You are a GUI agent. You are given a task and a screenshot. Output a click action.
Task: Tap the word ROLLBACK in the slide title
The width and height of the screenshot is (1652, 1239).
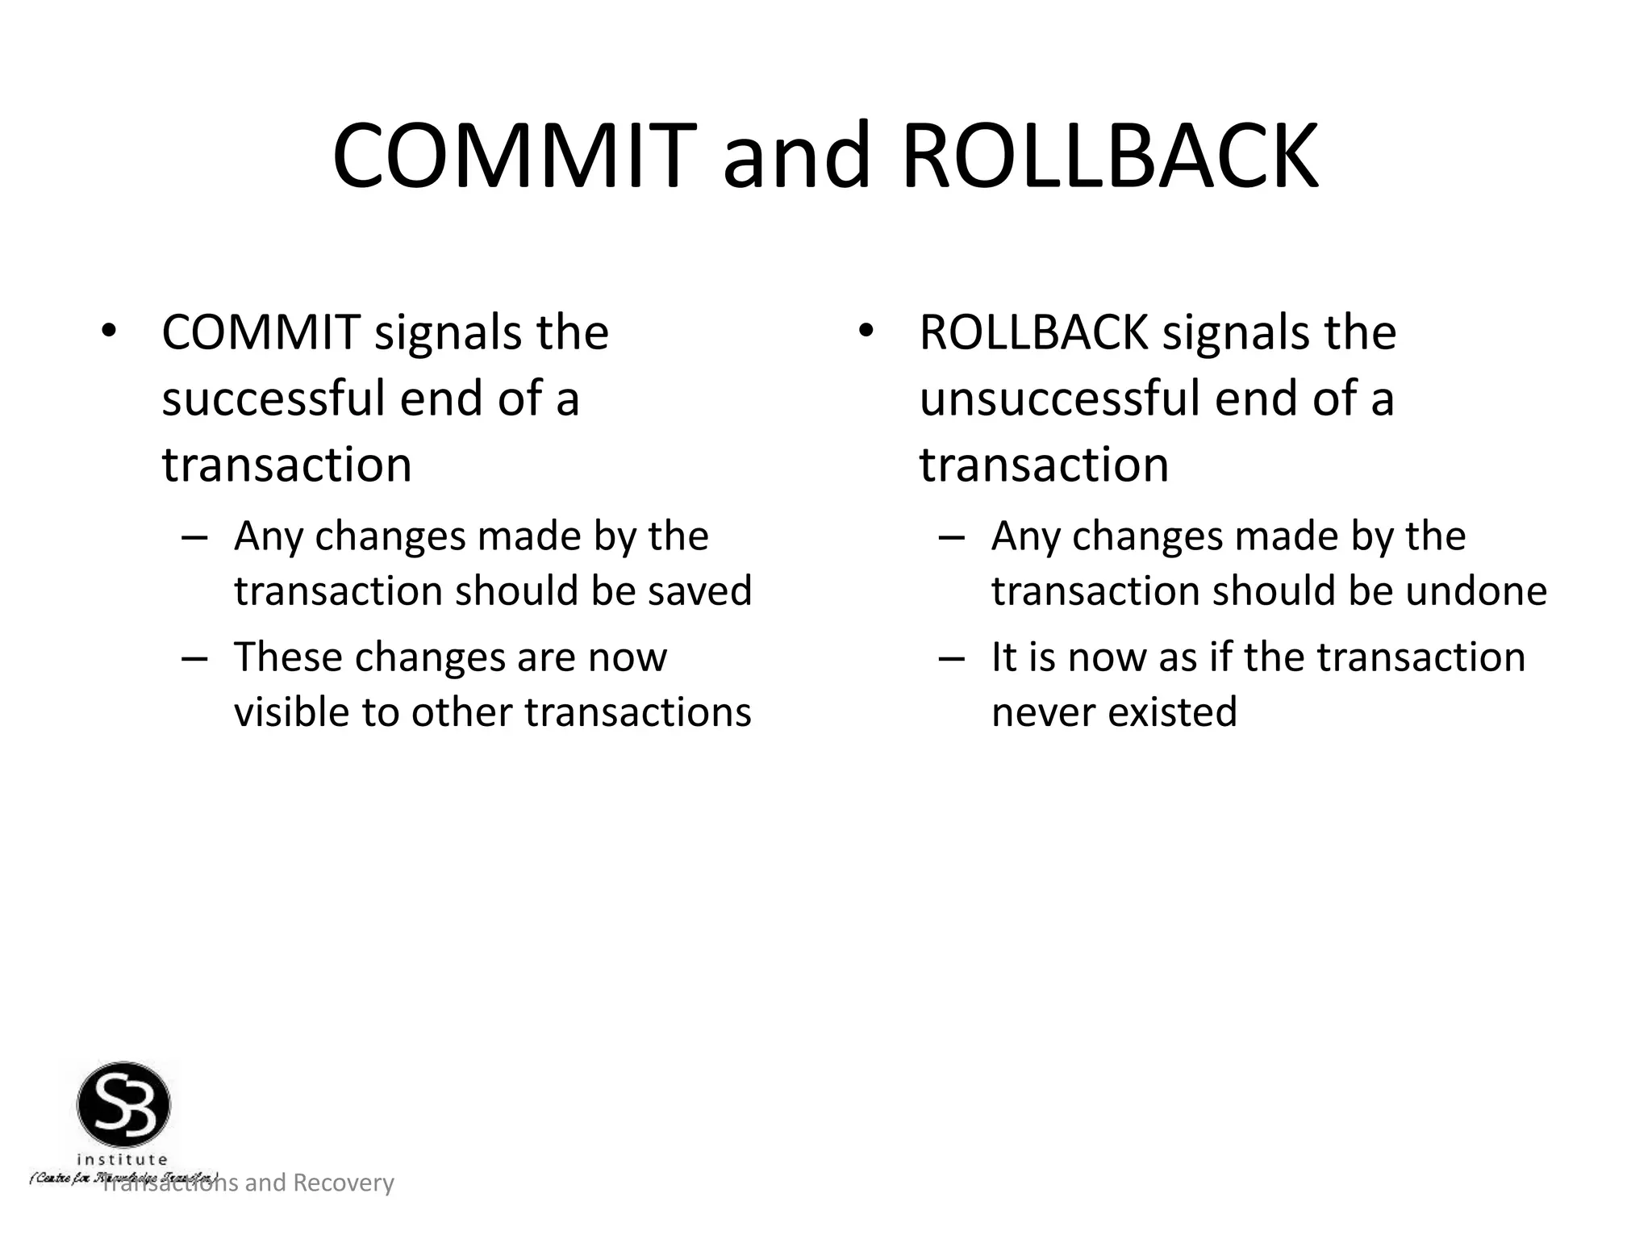pos(1110,156)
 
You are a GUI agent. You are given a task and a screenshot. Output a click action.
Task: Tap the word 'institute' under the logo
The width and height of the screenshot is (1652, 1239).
pos(123,1160)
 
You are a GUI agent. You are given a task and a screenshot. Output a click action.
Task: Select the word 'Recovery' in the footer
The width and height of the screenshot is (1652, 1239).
pos(343,1183)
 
